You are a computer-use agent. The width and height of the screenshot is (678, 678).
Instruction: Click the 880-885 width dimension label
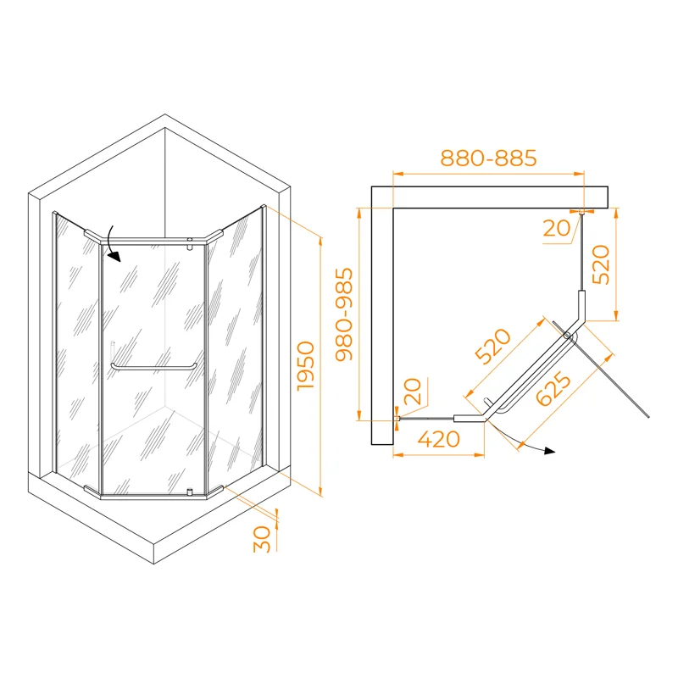click(489, 158)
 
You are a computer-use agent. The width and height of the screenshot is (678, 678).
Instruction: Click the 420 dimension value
click(438, 440)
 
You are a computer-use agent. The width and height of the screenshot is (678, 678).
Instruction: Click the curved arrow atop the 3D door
click(113, 246)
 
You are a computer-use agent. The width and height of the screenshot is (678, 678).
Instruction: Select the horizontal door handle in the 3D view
click(153, 366)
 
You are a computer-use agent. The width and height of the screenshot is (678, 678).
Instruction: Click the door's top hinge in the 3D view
click(191, 245)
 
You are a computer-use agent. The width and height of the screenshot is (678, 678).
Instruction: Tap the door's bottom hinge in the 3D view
click(191, 491)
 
